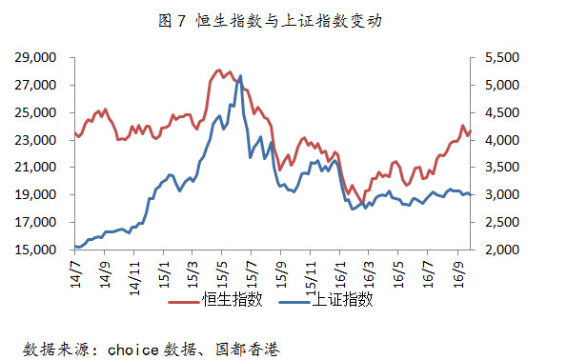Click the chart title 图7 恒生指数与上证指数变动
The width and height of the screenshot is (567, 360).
(270, 21)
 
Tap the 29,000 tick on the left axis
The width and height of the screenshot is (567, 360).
(35, 57)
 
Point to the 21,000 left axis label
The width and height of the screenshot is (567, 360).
(35, 167)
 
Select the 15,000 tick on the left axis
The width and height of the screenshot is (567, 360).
(35, 250)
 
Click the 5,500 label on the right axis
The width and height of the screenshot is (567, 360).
(502, 57)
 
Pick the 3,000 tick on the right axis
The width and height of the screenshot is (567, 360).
(502, 194)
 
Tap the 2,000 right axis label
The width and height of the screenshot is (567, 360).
(502, 250)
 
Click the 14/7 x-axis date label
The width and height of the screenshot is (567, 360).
(75, 274)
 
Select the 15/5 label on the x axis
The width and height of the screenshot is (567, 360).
(222, 274)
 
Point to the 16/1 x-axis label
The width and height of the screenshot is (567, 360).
(339, 274)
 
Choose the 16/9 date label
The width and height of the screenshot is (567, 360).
(457, 274)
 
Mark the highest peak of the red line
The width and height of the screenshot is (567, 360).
(219, 70)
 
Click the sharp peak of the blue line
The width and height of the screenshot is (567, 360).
(240, 76)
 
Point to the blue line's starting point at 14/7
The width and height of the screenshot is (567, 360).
(75, 247)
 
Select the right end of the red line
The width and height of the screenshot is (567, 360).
(470, 131)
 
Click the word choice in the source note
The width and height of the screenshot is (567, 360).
(132, 350)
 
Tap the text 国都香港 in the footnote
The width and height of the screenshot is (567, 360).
(248, 350)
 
